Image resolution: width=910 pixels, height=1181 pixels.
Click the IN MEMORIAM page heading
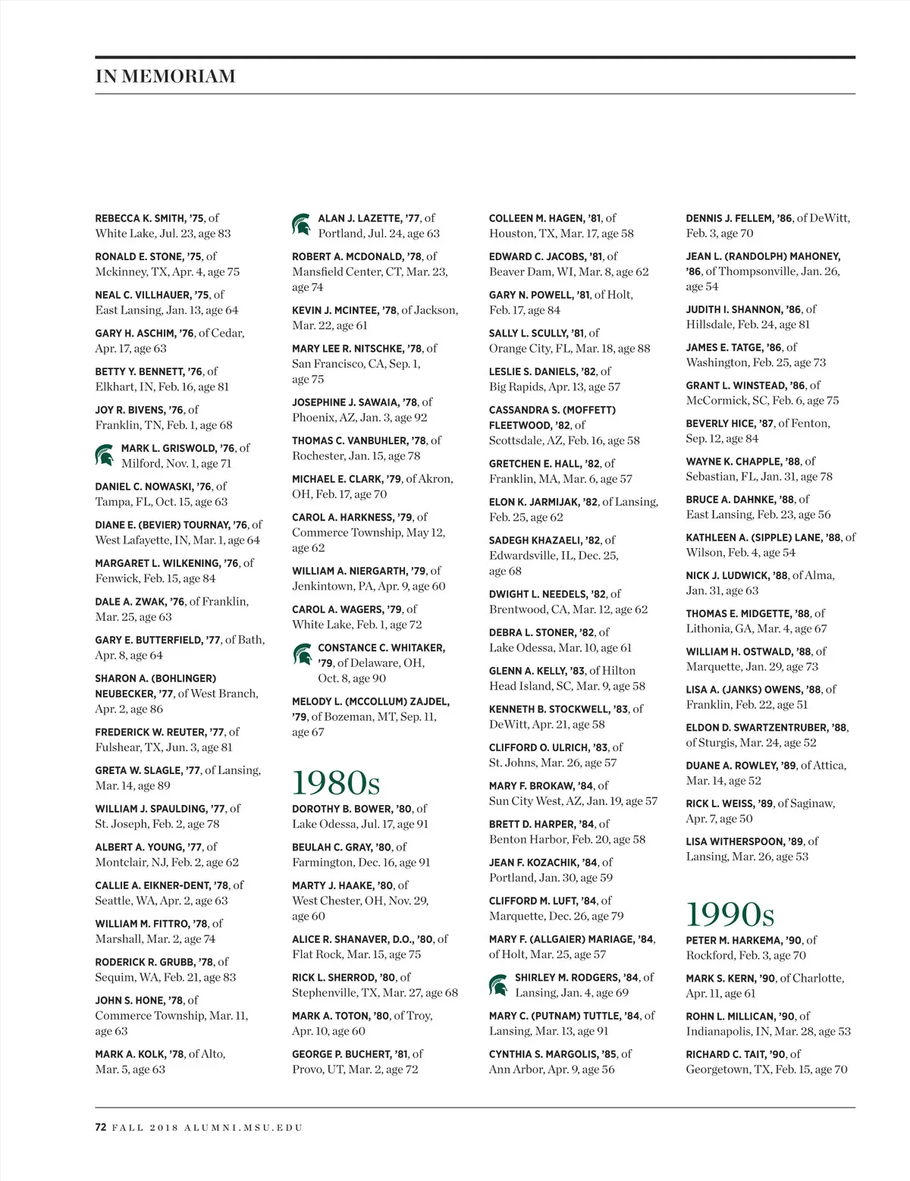pyautogui.click(x=165, y=76)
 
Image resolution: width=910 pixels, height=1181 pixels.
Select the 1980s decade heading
pyautogui.click(x=336, y=782)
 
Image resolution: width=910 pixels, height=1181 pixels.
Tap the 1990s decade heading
pyautogui.click(x=730, y=913)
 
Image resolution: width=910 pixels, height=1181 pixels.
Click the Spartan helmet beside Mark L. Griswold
pyautogui.click(x=105, y=455)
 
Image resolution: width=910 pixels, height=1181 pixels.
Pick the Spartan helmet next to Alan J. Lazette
pyautogui.click(x=302, y=225)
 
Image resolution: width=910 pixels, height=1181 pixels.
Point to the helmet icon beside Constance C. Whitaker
pyautogui.click(x=302, y=654)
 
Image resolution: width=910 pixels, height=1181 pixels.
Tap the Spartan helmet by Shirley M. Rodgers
pyautogui.click(x=498, y=985)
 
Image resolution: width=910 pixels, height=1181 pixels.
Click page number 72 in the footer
pyautogui.click(x=101, y=1127)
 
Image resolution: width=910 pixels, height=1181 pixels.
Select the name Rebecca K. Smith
pyautogui.click(x=140, y=218)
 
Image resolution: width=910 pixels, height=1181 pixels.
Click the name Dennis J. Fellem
pyautogui.click(x=728, y=218)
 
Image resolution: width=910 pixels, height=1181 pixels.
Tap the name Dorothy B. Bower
pyautogui.click(x=341, y=809)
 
